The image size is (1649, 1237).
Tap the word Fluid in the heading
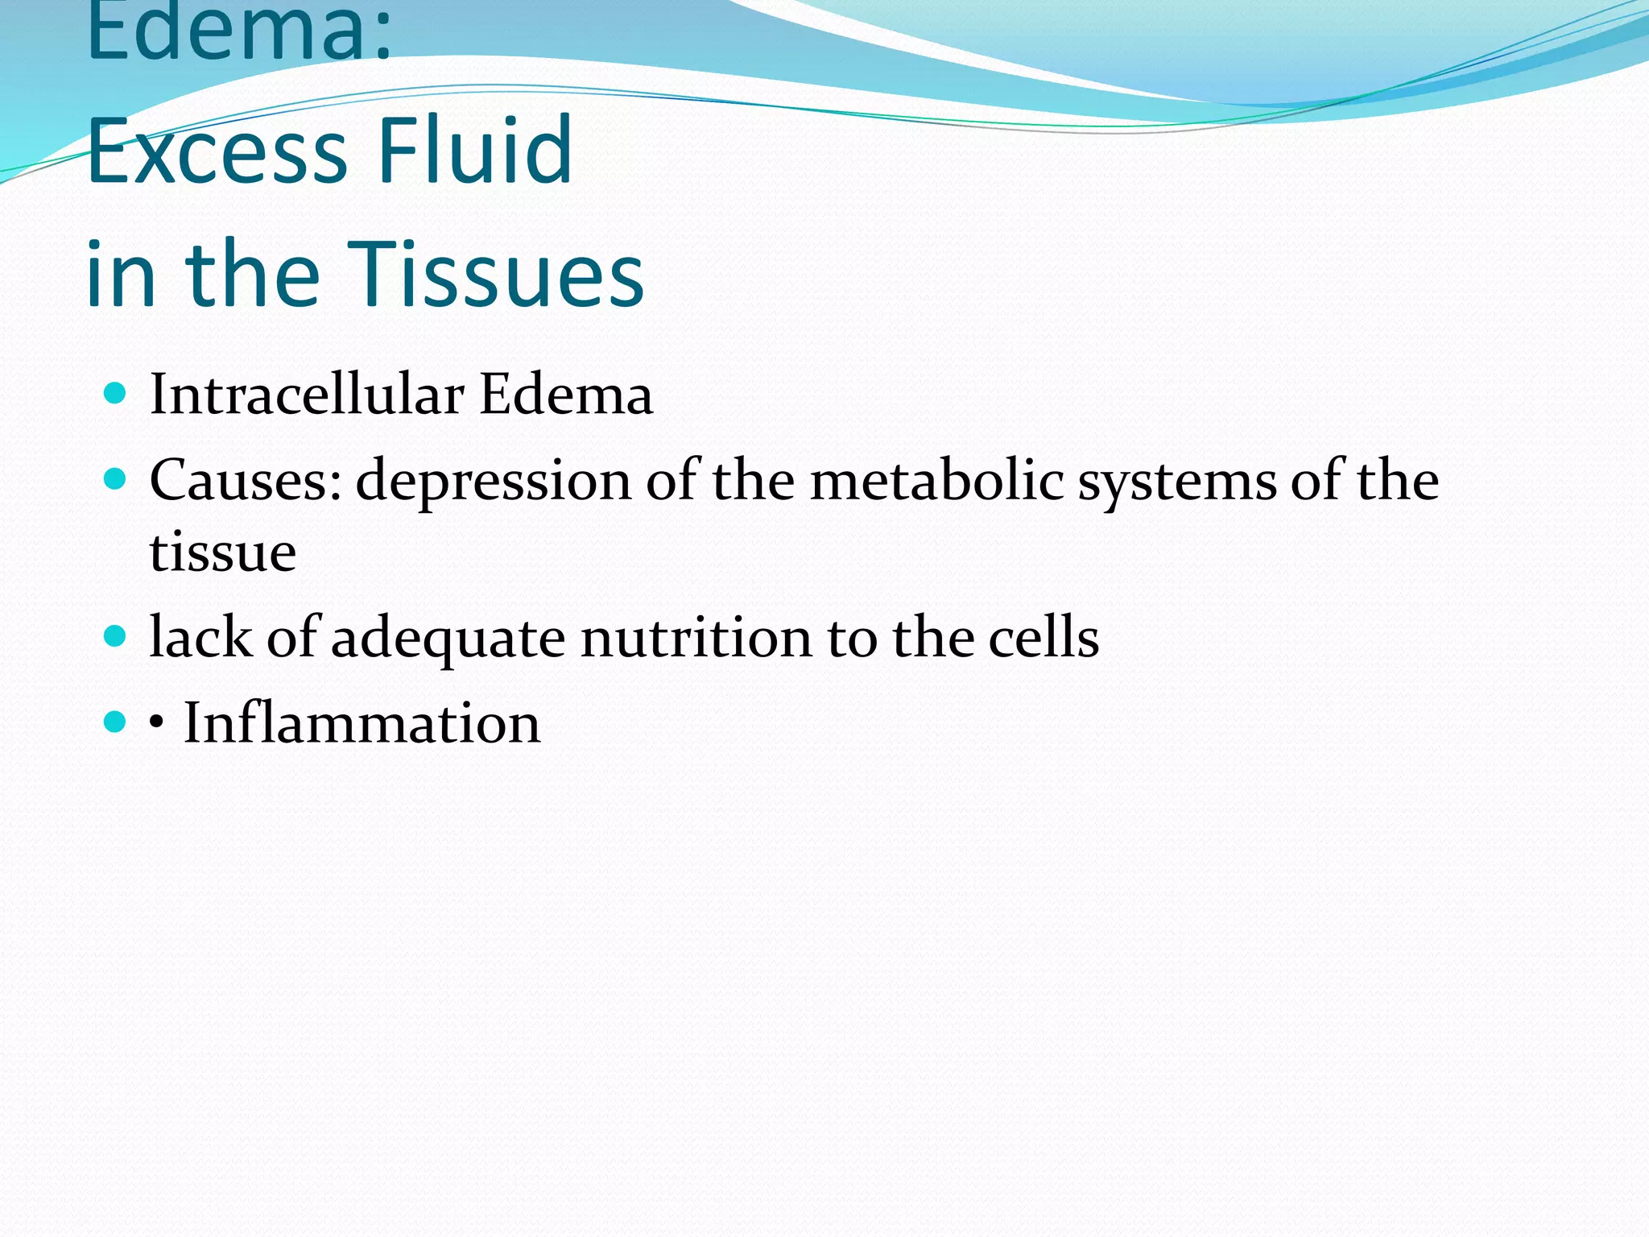(474, 151)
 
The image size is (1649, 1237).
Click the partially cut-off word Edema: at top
(239, 32)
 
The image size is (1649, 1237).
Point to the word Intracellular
(307, 395)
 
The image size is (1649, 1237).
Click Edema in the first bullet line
(566, 395)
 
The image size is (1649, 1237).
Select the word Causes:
(246, 481)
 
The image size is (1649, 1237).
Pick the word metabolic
(936, 481)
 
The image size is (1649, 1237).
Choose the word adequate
(448, 639)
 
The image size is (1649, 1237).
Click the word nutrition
(696, 638)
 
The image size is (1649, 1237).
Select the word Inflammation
(362, 722)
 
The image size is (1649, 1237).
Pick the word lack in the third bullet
(200, 638)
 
